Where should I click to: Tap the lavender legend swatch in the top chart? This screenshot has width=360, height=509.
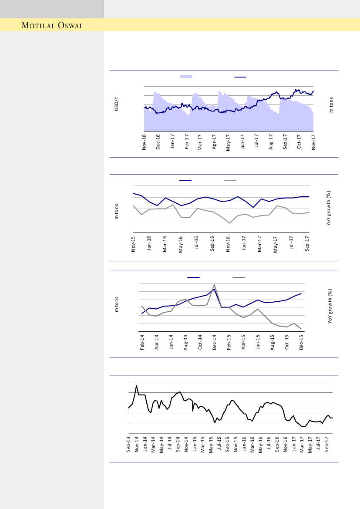pos(186,77)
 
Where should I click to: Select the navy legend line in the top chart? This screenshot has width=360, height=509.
pos(240,77)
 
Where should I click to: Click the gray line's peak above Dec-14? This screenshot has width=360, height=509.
pos(214,285)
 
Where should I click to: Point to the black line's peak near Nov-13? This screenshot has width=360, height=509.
pos(137,385)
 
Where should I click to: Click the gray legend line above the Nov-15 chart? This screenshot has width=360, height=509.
pos(230,180)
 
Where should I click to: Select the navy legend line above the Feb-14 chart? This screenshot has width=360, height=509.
pos(193,277)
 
